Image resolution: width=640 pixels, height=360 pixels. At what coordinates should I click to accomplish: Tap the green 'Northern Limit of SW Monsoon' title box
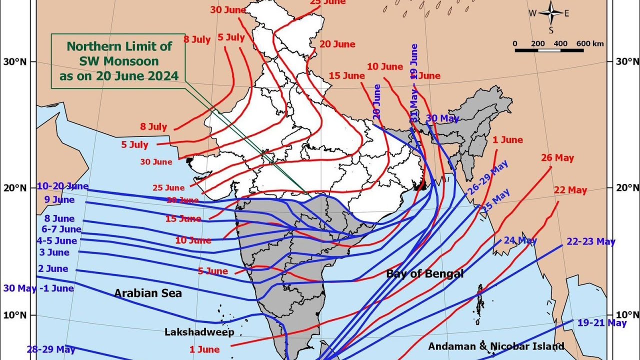(x=118, y=61)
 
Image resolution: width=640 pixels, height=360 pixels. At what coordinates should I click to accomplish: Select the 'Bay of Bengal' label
(x=424, y=273)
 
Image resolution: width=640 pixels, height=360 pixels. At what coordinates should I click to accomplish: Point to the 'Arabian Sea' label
(x=148, y=293)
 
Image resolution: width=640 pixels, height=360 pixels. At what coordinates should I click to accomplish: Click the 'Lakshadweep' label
(x=199, y=332)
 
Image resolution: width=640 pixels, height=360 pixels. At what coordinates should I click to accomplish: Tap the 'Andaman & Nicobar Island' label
(x=496, y=346)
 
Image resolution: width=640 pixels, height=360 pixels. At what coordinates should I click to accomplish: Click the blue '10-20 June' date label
(x=62, y=186)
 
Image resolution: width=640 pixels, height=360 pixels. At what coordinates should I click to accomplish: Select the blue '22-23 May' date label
(x=590, y=242)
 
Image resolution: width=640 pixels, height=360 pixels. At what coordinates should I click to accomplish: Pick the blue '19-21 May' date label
(x=601, y=323)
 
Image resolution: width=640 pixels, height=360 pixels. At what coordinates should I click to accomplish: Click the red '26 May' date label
(x=557, y=158)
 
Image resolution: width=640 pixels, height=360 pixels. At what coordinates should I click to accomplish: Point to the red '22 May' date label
(x=570, y=190)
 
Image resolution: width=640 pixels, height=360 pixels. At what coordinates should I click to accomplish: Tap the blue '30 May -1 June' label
(x=38, y=288)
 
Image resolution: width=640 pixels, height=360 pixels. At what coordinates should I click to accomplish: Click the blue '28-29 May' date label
(x=51, y=349)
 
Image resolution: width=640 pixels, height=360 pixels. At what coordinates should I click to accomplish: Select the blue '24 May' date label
(x=520, y=240)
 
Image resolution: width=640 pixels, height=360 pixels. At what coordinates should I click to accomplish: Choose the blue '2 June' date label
(x=53, y=269)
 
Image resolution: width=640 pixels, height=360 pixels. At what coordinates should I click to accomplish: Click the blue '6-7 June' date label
(x=61, y=229)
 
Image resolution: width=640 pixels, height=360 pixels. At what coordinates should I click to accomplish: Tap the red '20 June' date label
(x=337, y=44)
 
